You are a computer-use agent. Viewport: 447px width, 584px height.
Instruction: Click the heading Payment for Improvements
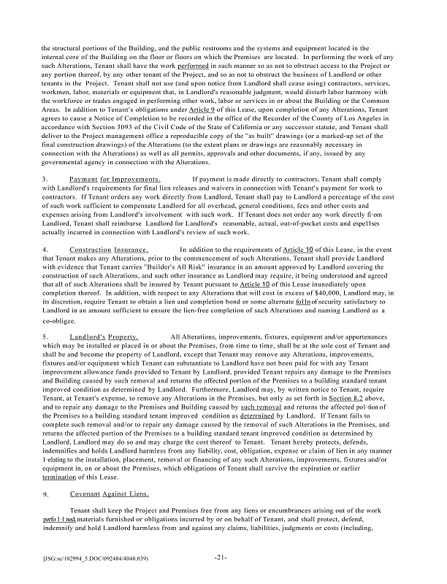click(x=114, y=179)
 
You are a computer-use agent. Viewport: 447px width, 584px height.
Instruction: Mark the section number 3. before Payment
click(x=45, y=179)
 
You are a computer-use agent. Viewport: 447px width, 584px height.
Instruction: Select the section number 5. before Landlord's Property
click(x=45, y=337)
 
